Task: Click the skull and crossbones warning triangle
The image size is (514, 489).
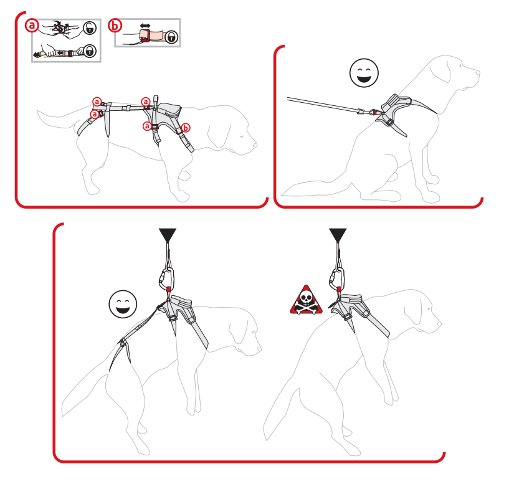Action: [x=306, y=300]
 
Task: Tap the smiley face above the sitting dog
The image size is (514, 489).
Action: [x=364, y=73]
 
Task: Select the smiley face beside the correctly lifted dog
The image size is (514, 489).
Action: [x=123, y=304]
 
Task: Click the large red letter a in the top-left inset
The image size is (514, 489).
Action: [x=32, y=26]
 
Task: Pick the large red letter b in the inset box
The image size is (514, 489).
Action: [x=115, y=26]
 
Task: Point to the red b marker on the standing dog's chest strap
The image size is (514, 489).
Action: [x=186, y=128]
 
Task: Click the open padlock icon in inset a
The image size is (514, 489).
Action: [x=90, y=28]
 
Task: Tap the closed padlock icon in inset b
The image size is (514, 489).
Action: [x=171, y=37]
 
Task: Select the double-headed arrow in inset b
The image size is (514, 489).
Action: [x=145, y=26]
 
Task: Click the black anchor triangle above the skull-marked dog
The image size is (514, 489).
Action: [x=338, y=235]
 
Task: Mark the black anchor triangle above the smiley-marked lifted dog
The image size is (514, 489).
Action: [x=168, y=235]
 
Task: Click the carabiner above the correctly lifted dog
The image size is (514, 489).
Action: [x=167, y=279]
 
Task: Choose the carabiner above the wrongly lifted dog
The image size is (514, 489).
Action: [x=337, y=279]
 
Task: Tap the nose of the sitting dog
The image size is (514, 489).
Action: [x=477, y=73]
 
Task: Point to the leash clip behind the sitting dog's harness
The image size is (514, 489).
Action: [x=373, y=112]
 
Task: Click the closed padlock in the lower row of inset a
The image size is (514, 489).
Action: [x=90, y=51]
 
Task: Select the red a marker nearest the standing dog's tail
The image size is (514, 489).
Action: [x=95, y=114]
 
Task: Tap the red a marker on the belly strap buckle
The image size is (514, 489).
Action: [x=147, y=126]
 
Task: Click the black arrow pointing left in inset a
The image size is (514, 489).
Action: [x=39, y=54]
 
